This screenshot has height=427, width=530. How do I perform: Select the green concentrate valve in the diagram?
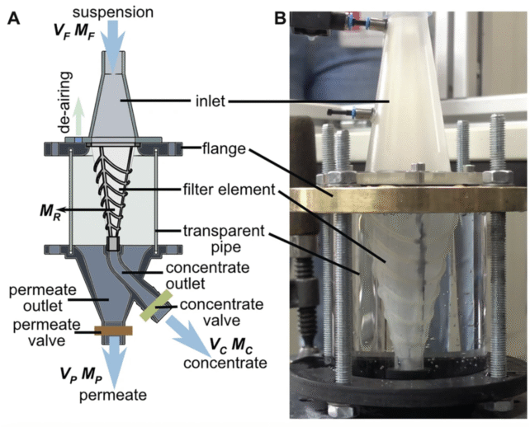point(154,312)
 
